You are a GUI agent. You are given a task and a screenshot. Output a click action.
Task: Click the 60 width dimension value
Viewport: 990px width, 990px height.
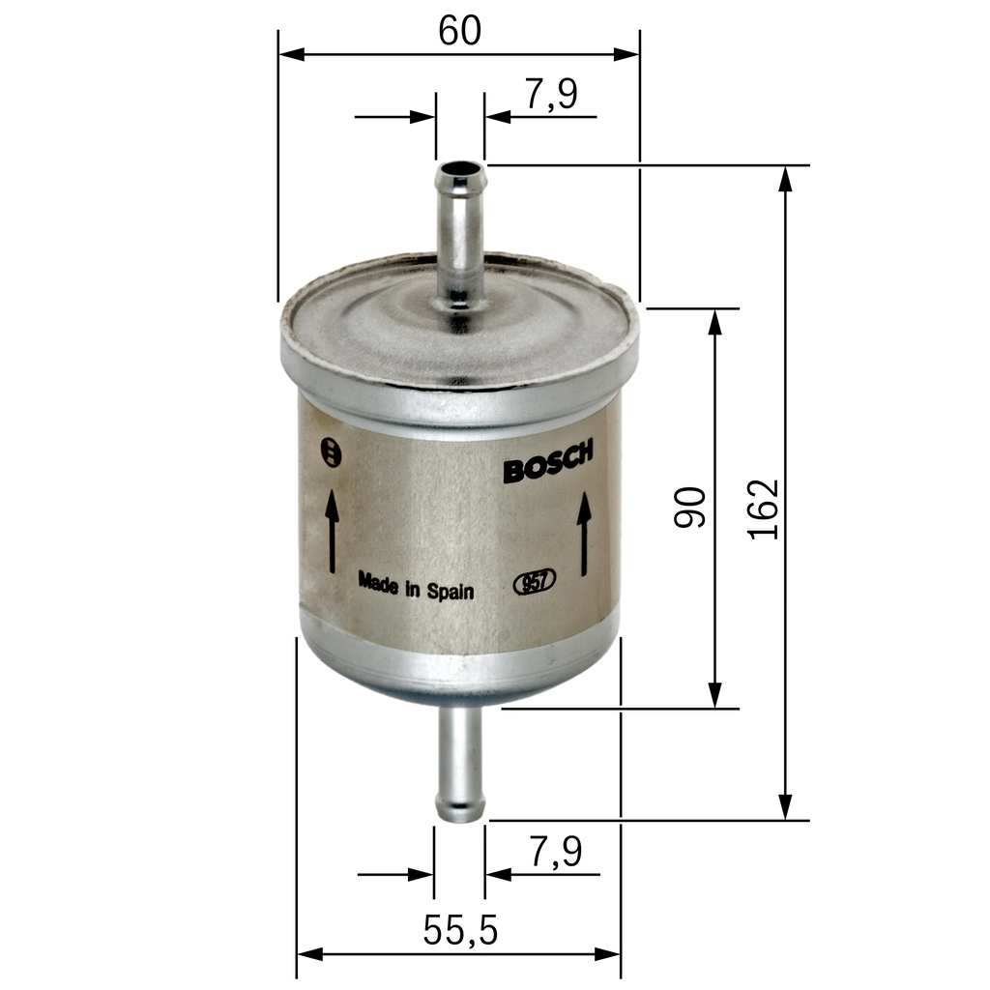click(459, 31)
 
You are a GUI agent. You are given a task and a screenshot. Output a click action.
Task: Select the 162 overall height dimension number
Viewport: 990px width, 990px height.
click(764, 509)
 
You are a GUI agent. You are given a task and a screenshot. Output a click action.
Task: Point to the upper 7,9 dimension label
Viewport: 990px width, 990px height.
click(551, 95)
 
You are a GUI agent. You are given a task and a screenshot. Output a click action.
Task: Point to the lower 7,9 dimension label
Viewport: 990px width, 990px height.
click(555, 852)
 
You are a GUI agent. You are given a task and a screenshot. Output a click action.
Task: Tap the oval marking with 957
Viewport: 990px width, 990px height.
click(534, 582)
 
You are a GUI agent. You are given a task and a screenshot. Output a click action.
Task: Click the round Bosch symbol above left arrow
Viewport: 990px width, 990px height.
click(331, 451)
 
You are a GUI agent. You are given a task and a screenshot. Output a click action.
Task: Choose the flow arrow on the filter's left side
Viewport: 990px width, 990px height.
click(332, 530)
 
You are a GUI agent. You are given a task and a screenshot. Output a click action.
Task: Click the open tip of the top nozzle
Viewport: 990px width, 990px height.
click(460, 178)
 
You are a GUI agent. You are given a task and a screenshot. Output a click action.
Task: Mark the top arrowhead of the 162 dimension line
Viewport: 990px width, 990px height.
click(786, 178)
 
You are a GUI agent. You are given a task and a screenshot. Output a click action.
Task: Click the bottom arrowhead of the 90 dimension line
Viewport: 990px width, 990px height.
click(714, 694)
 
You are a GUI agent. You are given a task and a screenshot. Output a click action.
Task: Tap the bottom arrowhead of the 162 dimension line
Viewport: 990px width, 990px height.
click(786, 806)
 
